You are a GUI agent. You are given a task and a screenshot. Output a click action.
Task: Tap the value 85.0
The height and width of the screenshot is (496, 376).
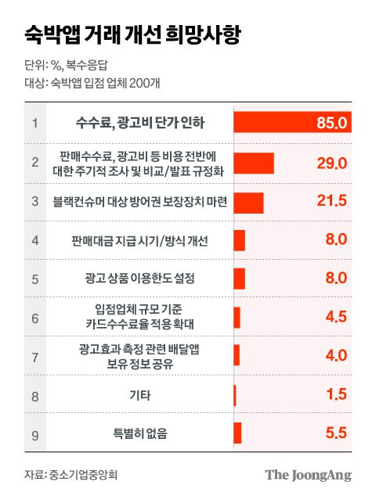coord(332,124)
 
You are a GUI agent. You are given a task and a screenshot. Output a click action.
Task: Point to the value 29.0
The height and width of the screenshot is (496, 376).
coord(331,163)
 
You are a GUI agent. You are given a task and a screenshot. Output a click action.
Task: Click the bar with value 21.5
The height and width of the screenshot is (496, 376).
coord(248,202)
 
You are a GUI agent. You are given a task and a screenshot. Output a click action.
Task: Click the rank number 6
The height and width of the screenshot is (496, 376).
coord(35,318)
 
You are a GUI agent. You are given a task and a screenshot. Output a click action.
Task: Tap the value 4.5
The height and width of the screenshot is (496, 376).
coord(334,318)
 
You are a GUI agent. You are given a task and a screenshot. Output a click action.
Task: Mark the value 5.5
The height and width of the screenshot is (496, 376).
coord(334,433)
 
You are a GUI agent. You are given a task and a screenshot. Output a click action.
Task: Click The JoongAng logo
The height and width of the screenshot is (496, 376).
coord(308,474)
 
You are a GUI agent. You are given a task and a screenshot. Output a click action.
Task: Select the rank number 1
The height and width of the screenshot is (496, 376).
coord(35,124)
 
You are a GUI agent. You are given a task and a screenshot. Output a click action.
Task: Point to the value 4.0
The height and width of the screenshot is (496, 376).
coord(334,356)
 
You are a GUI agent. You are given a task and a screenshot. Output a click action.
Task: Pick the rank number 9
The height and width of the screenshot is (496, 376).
coord(35,433)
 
